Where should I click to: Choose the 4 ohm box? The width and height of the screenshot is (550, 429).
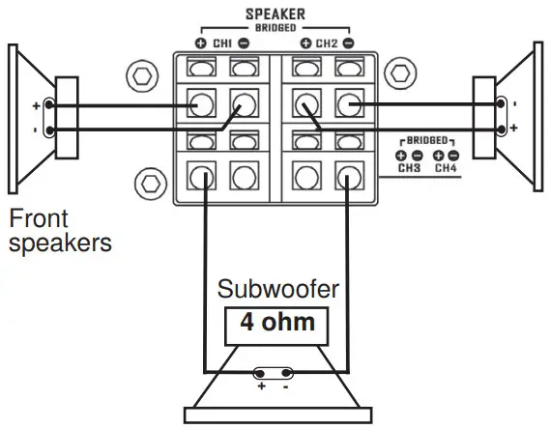point(276,322)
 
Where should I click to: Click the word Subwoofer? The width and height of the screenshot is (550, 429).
point(276,289)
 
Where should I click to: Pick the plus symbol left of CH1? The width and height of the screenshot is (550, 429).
point(201,43)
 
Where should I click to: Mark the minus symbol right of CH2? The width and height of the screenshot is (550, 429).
point(348,43)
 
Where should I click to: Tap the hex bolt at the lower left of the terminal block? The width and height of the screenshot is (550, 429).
point(148,181)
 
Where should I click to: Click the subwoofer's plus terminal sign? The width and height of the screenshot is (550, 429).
point(261,386)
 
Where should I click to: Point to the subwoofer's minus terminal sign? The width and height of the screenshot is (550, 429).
point(287,386)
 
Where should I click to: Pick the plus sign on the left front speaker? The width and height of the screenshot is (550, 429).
point(37,104)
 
